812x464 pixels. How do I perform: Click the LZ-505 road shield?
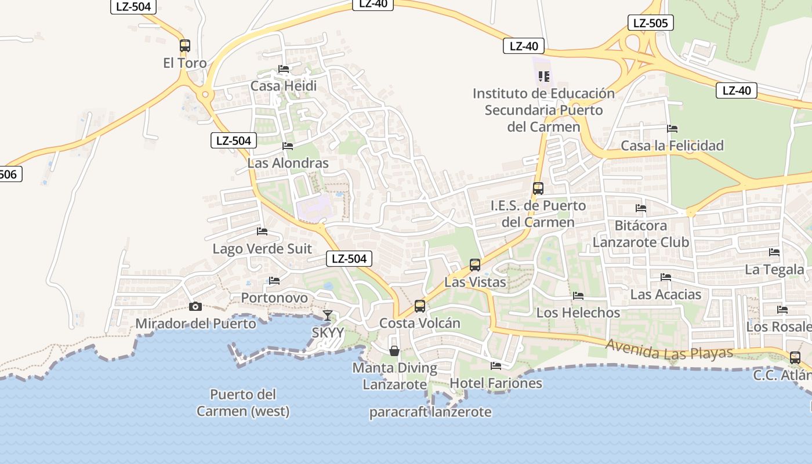(650, 23)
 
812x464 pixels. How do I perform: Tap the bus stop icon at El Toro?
(185, 46)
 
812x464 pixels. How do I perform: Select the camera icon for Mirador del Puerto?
(195, 306)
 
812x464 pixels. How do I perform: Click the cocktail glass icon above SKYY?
(328, 316)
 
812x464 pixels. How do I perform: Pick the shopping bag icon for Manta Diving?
(394, 351)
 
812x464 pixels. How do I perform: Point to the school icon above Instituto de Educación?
(543, 76)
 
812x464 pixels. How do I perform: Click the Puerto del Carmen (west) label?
(243, 403)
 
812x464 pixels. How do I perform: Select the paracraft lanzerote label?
(430, 412)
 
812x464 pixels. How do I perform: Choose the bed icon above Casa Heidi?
(284, 68)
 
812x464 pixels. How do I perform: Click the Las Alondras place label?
(288, 163)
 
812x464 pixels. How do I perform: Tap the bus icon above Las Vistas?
(475, 265)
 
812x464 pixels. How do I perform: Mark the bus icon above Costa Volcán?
(419, 306)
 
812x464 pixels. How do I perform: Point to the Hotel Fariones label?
(496, 383)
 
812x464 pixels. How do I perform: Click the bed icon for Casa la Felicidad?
(672, 128)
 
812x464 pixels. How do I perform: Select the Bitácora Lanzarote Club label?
(641, 234)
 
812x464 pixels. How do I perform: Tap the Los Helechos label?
(578, 313)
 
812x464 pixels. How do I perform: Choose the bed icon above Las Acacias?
(666, 277)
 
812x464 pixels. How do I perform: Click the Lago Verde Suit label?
(262, 249)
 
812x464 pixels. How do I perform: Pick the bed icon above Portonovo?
(274, 281)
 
